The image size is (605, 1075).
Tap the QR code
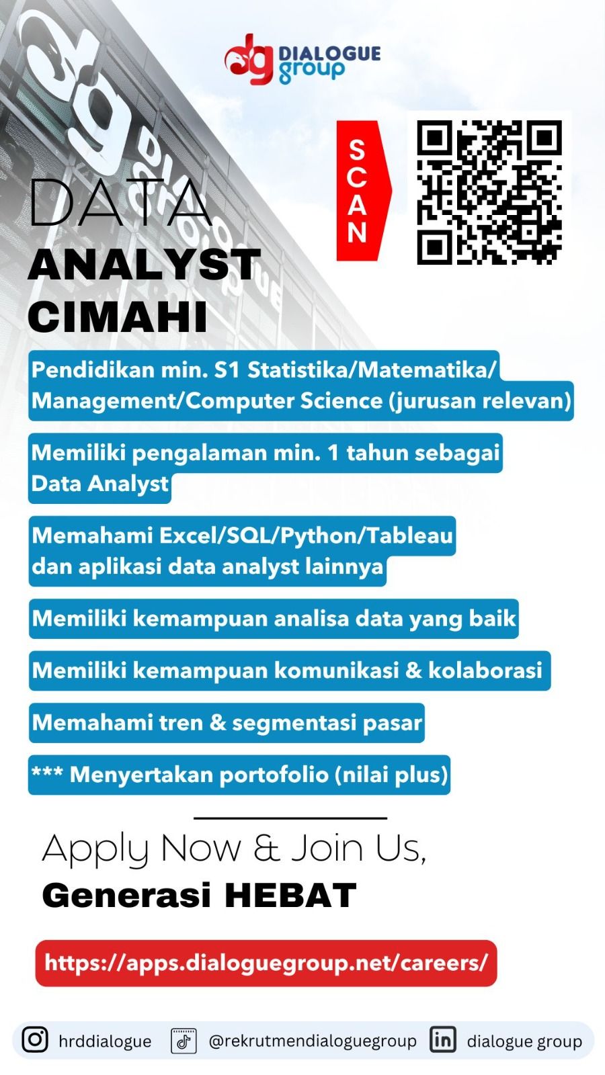(x=489, y=192)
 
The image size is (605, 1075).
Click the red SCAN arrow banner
(x=360, y=191)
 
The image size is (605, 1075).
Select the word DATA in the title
(x=120, y=202)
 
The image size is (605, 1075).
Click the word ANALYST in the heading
(x=144, y=265)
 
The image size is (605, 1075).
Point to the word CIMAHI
(x=117, y=316)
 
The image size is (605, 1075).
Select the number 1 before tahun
(x=333, y=453)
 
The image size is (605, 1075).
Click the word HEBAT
(x=290, y=896)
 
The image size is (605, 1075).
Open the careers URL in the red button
(x=266, y=963)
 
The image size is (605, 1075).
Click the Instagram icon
(x=35, y=1039)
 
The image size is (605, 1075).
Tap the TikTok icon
(x=184, y=1041)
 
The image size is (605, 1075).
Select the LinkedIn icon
(x=442, y=1039)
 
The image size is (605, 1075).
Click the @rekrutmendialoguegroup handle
(x=313, y=1041)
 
